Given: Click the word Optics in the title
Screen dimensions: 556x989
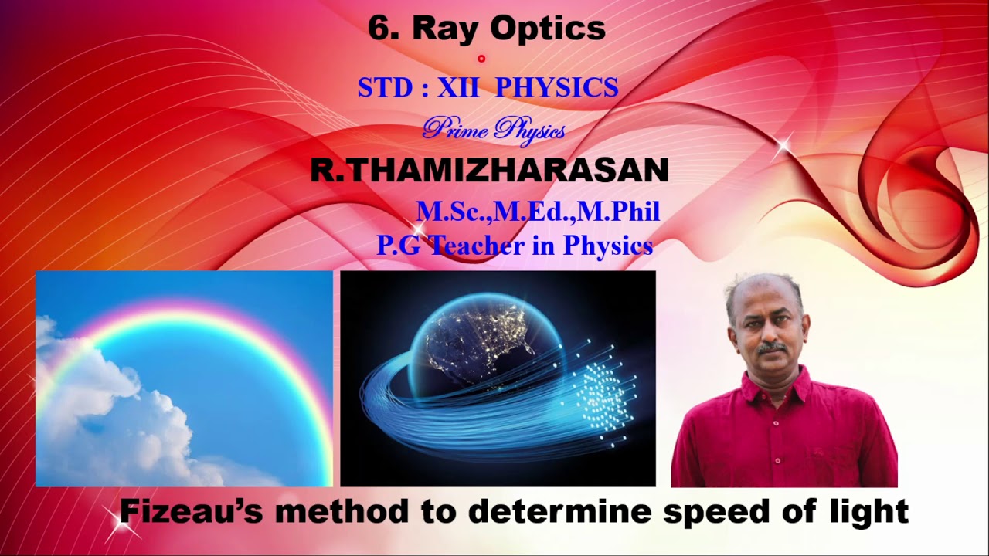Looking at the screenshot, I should [x=548, y=29].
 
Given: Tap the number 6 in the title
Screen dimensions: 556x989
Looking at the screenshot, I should [x=377, y=29].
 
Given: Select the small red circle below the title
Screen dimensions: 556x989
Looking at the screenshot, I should [x=481, y=58].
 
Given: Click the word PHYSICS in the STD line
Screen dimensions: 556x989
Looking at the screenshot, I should [x=556, y=88].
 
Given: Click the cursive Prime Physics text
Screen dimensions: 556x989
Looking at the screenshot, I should [x=493, y=129].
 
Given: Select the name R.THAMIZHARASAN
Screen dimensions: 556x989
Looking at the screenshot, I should [x=489, y=171].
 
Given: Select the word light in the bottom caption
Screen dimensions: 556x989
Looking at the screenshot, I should [x=865, y=511].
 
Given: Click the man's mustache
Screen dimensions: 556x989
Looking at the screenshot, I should [x=773, y=350].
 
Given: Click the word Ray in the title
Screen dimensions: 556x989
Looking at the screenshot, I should [x=441, y=29].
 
